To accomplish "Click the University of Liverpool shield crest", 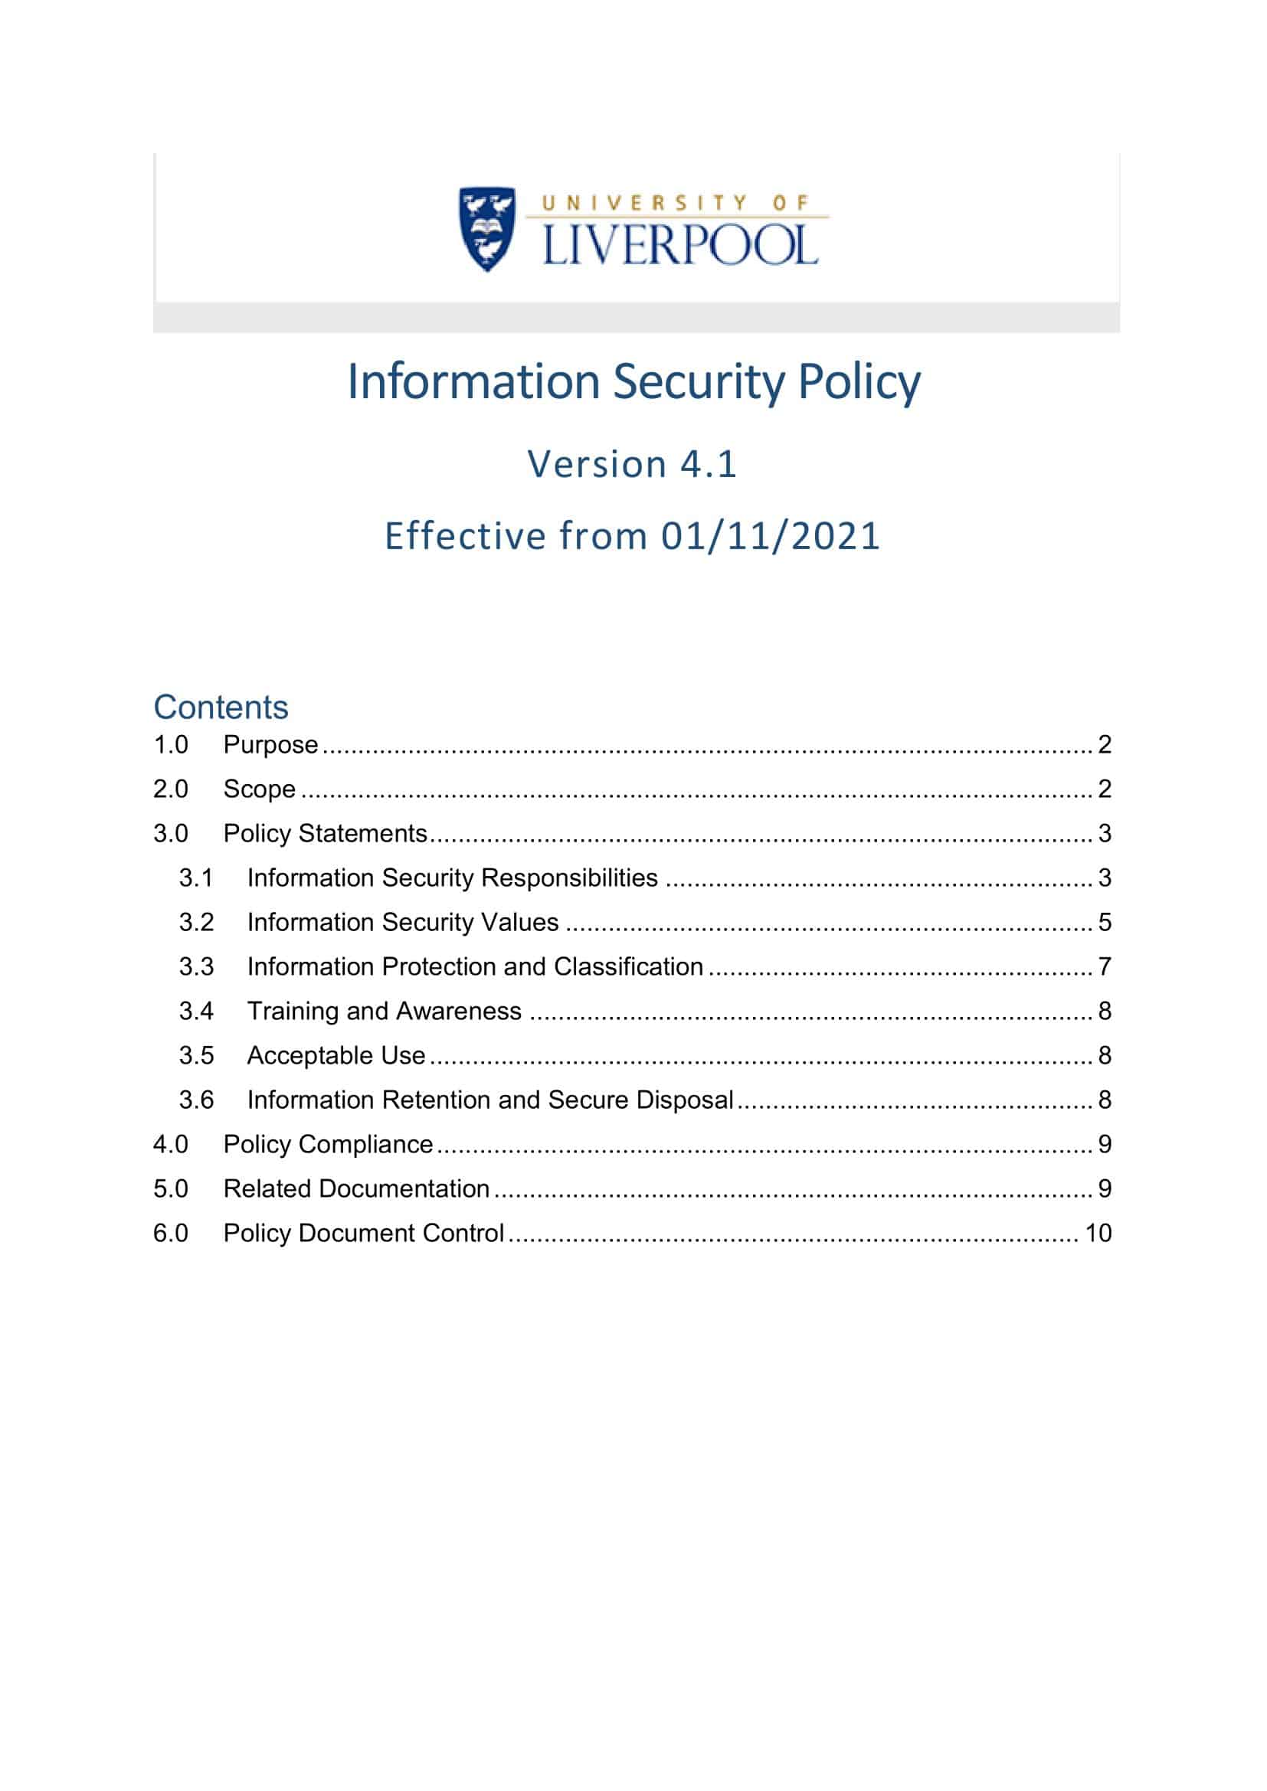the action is click(487, 227).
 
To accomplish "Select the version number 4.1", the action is click(709, 464).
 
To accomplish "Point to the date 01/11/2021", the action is click(771, 537).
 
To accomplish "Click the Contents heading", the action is click(221, 708).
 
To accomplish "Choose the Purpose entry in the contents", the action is click(270, 745).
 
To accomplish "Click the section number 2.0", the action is click(170, 789).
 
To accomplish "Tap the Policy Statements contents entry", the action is click(326, 834).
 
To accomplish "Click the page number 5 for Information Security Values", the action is click(1104, 923).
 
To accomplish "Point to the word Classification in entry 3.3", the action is click(628, 967).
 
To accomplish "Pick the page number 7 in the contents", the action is click(1104, 967).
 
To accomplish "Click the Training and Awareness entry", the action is click(384, 1012).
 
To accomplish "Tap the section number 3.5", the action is click(196, 1056).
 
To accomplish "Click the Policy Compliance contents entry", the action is click(328, 1145).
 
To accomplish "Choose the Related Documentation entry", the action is click(356, 1190).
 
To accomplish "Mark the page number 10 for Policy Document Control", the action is click(1098, 1234).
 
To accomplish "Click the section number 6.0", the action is click(170, 1234).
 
